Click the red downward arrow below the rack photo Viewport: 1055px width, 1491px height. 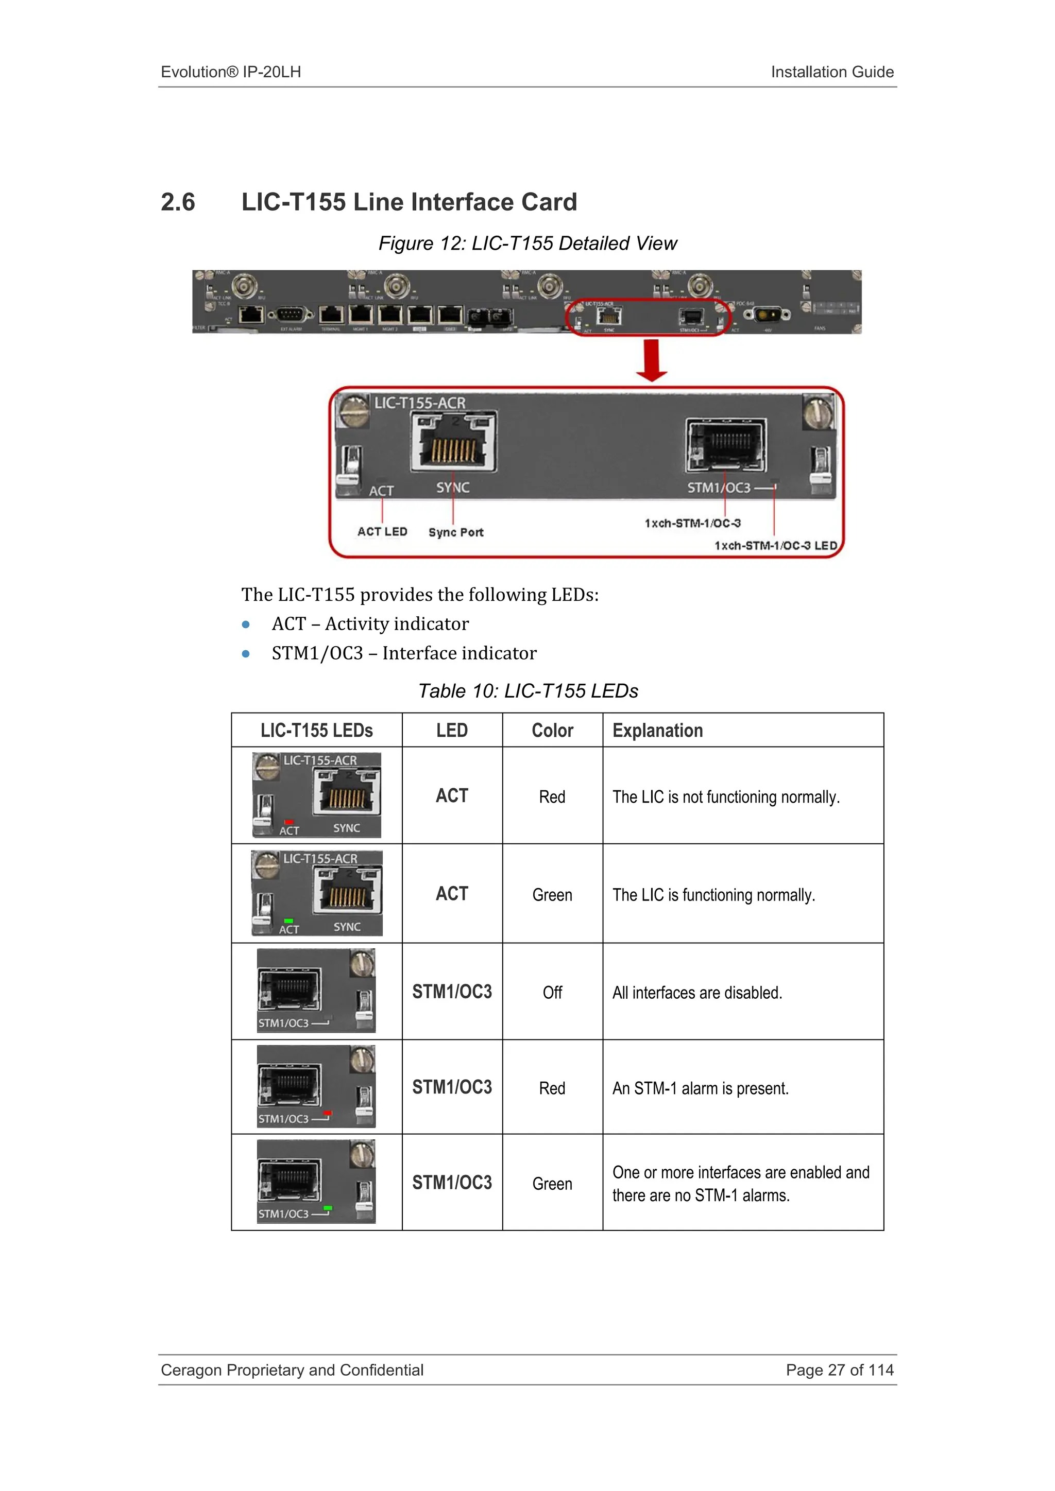click(652, 360)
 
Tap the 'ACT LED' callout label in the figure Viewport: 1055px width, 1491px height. click(382, 531)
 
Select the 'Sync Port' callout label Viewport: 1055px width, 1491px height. click(455, 532)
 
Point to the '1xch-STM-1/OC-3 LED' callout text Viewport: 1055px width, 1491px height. click(776, 546)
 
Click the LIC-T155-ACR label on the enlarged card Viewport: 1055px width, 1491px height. click(420, 403)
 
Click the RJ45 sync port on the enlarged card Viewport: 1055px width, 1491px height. click(453, 442)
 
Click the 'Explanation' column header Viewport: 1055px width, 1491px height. click(657, 731)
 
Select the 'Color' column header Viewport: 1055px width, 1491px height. click(552, 731)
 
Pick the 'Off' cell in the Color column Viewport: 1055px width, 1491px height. click(552, 992)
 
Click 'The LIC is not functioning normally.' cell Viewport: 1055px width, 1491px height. click(726, 797)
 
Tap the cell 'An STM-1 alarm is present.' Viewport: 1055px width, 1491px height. click(700, 1088)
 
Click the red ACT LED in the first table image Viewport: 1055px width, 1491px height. click(289, 822)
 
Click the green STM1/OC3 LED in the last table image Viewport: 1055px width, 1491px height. click(328, 1208)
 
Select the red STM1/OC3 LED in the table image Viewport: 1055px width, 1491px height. click(328, 1113)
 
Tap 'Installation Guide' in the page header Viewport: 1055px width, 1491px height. click(831, 72)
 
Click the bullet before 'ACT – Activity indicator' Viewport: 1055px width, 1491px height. click(246, 625)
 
